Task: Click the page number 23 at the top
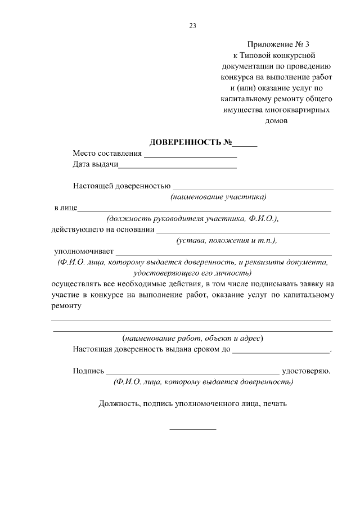click(x=192, y=25)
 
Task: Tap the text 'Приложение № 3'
click(x=278, y=44)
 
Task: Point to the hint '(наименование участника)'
click(x=218, y=197)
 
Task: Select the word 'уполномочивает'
click(x=84, y=251)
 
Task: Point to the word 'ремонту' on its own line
click(x=67, y=307)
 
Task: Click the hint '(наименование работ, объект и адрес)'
click(x=193, y=339)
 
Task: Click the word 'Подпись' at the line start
click(x=88, y=371)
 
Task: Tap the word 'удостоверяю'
click(x=305, y=371)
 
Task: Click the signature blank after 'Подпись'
click(x=192, y=373)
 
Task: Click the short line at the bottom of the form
click(x=192, y=430)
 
